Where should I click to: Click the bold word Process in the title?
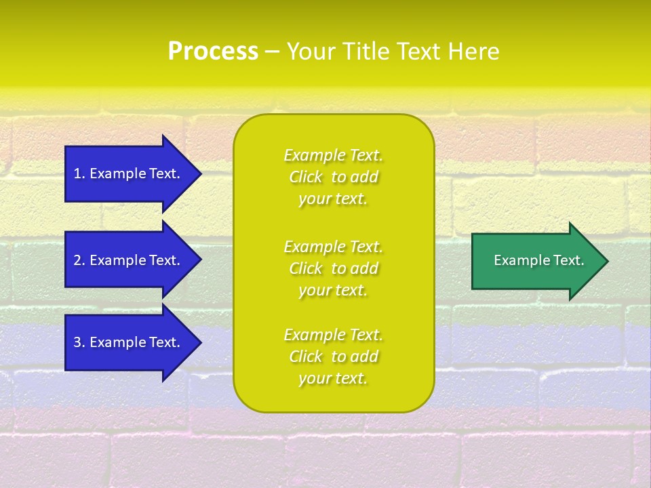213,52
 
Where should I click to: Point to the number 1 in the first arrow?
78,174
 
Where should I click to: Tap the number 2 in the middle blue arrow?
78,260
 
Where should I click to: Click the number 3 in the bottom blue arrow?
78,342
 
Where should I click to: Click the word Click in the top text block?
306,177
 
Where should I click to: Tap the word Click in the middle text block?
306,268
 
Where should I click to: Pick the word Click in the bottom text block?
306,357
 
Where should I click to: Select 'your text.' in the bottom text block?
333,378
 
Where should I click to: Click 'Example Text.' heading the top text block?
333,155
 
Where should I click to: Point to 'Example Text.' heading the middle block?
333,246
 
